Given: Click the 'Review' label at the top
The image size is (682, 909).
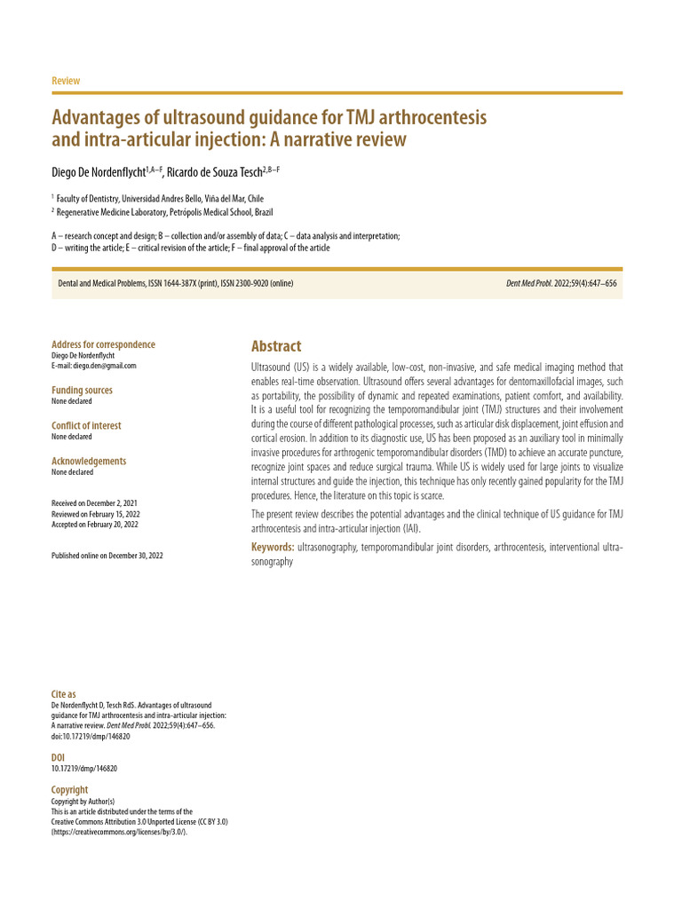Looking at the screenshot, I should click(66, 81).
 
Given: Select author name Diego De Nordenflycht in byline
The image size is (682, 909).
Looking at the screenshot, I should click(98, 172).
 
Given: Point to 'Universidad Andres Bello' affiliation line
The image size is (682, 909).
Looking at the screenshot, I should click(160, 199).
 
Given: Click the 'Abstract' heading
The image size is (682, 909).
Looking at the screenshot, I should click(276, 346).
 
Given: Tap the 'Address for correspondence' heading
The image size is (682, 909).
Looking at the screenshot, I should click(103, 344).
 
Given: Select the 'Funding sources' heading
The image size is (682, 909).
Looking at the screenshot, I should click(82, 390).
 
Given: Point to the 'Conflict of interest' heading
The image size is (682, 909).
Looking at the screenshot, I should click(86, 425).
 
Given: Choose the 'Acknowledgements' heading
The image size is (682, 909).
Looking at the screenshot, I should click(89, 461).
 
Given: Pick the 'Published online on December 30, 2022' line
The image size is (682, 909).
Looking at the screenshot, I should click(107, 555).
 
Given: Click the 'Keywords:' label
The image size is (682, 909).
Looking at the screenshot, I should click(272, 547).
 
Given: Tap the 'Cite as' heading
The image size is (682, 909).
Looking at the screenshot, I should click(64, 693).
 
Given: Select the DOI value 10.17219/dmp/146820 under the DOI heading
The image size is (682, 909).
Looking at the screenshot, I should click(84, 768).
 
